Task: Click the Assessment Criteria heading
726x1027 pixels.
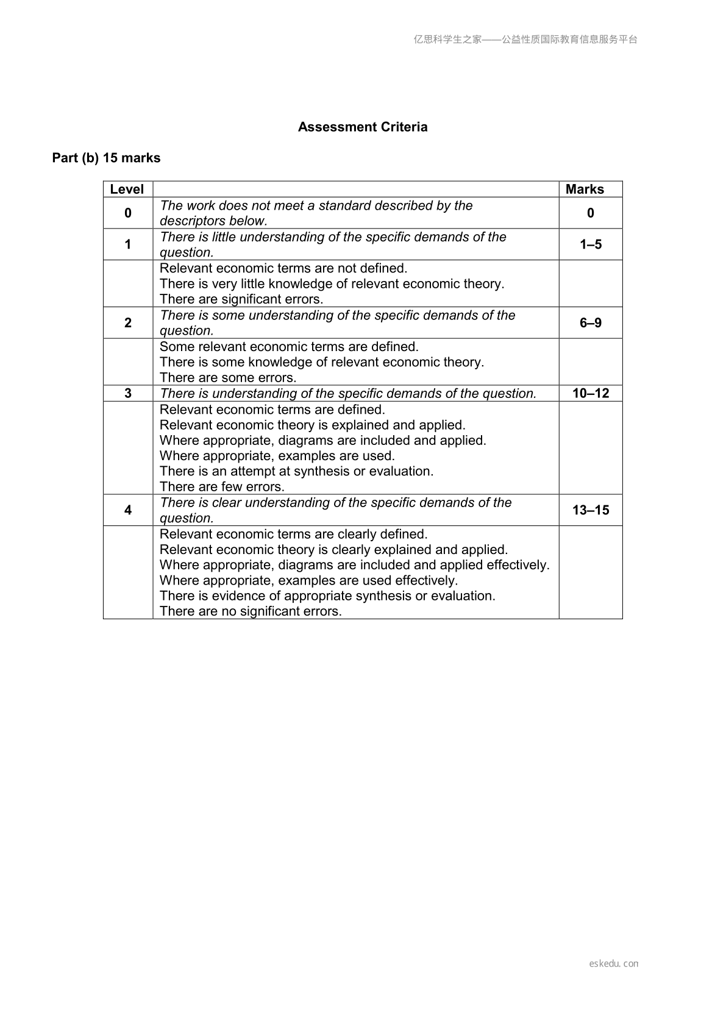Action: click(x=363, y=127)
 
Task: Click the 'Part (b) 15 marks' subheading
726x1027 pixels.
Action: click(x=106, y=158)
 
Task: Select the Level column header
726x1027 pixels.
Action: click(x=127, y=189)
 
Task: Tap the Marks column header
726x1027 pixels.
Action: click(x=585, y=189)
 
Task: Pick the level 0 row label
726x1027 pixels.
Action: click(x=128, y=213)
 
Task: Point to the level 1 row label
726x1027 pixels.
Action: click(x=128, y=244)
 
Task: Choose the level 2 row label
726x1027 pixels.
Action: click(x=128, y=322)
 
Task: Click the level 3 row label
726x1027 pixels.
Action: click(x=128, y=393)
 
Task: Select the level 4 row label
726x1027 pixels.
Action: click(x=128, y=510)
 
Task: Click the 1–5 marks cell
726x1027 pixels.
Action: click(x=591, y=244)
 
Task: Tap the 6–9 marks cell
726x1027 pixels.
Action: click(x=591, y=322)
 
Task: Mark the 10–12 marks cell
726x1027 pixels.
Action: click(x=591, y=393)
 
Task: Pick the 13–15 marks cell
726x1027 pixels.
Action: click(x=591, y=510)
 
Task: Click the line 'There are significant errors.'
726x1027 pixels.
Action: click(x=241, y=299)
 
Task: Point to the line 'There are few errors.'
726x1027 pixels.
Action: click(x=222, y=486)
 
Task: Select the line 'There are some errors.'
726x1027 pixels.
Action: click(x=228, y=377)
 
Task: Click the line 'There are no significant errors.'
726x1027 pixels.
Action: click(x=251, y=611)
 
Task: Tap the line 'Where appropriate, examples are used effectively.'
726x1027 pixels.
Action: click(x=308, y=580)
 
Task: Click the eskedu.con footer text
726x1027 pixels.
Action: click(x=614, y=964)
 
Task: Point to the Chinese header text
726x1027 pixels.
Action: click(x=525, y=40)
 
